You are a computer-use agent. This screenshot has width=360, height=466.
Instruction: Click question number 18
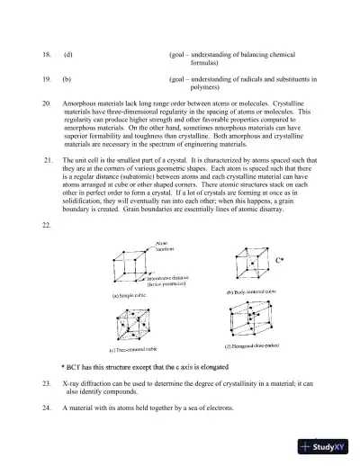click(48, 55)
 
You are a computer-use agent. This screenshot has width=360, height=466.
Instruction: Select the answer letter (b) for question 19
click(67, 79)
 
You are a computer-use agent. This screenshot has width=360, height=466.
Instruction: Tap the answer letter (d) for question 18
click(67, 55)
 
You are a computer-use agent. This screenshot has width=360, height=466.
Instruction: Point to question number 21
click(48, 159)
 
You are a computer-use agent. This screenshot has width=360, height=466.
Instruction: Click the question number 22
click(48, 225)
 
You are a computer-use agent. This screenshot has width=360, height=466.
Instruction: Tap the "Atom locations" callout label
click(164, 245)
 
